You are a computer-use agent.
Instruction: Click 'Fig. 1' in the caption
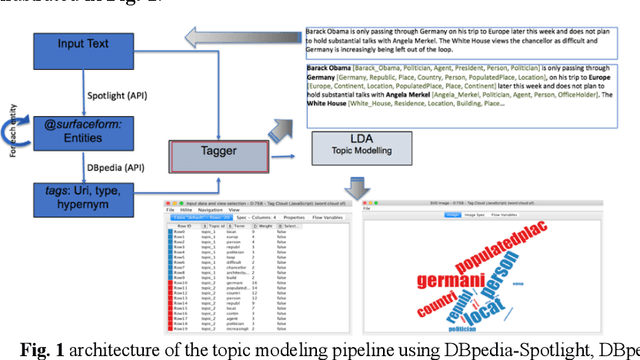pyautogui.click(x=44, y=350)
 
